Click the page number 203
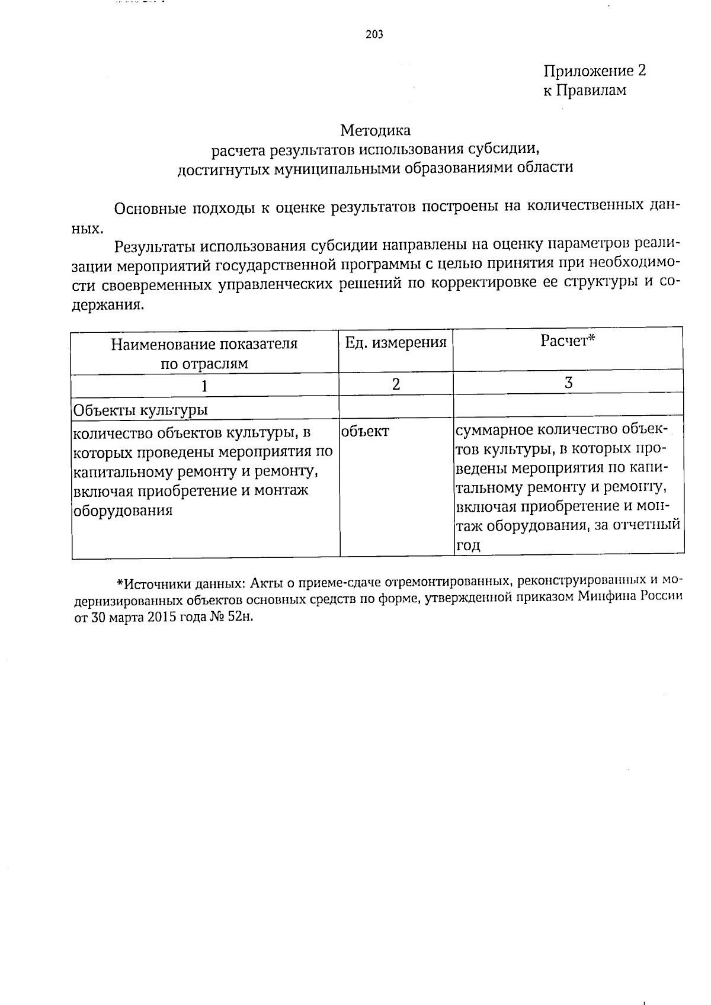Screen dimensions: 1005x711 point(374,34)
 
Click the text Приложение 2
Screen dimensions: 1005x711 point(594,72)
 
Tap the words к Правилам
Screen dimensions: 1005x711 point(584,91)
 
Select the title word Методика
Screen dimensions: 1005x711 point(376,130)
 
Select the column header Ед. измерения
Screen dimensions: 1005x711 point(395,342)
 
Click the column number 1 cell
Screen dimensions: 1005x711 point(204,386)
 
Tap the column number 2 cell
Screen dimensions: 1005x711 point(396,384)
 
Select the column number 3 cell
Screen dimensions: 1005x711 point(568,383)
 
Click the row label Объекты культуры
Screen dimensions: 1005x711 point(140,410)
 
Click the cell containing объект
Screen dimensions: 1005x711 point(366,432)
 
